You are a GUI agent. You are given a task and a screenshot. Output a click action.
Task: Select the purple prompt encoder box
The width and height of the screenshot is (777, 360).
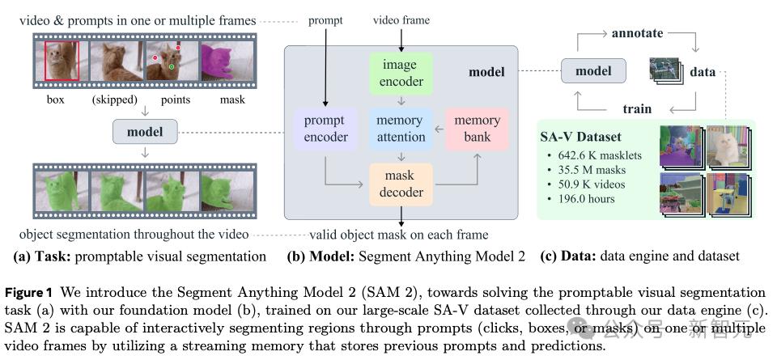(325, 129)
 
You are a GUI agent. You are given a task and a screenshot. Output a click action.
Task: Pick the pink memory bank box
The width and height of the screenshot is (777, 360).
(477, 129)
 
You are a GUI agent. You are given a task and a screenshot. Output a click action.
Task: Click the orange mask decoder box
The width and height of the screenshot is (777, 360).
(401, 184)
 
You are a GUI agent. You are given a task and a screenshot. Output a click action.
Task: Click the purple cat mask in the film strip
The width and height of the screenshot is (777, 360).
(217, 61)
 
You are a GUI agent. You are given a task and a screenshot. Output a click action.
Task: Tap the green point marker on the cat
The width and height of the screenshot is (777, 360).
(172, 66)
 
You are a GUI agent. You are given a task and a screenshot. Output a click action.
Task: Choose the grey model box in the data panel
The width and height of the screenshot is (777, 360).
(592, 71)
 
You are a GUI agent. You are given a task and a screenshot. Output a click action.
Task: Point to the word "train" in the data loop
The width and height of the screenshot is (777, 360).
(637, 108)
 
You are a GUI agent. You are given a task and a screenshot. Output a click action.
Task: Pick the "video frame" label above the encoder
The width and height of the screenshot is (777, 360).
(401, 19)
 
